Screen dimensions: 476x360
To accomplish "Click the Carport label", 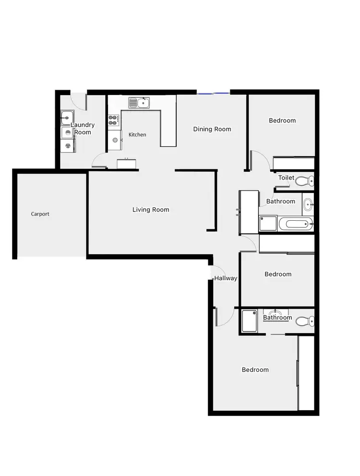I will pos(40,214).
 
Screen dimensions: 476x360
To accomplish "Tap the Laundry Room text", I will pos(83,129).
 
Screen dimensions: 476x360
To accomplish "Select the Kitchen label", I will pos(137,135).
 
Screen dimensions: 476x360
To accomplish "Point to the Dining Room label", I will pos(212,129).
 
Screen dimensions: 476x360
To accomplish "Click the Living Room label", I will pos(151,210).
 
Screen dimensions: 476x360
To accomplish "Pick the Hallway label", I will pos(226,278).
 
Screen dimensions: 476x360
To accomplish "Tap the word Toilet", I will pos(286,178).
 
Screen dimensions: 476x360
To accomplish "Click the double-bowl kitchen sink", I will pos(139,102).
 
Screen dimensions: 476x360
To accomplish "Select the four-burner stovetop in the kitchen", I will pos(114,120).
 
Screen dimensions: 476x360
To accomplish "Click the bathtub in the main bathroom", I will pos(296,223).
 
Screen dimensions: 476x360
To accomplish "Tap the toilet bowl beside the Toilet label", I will pos(304,181).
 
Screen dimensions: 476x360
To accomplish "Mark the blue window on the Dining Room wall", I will pos(213,92).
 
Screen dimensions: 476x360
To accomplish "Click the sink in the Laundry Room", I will pos(67,117).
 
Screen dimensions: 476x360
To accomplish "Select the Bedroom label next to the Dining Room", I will pos(282,120).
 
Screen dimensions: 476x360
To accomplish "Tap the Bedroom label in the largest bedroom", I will pos(255,369).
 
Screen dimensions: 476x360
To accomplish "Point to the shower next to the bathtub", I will pos(268,224).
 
